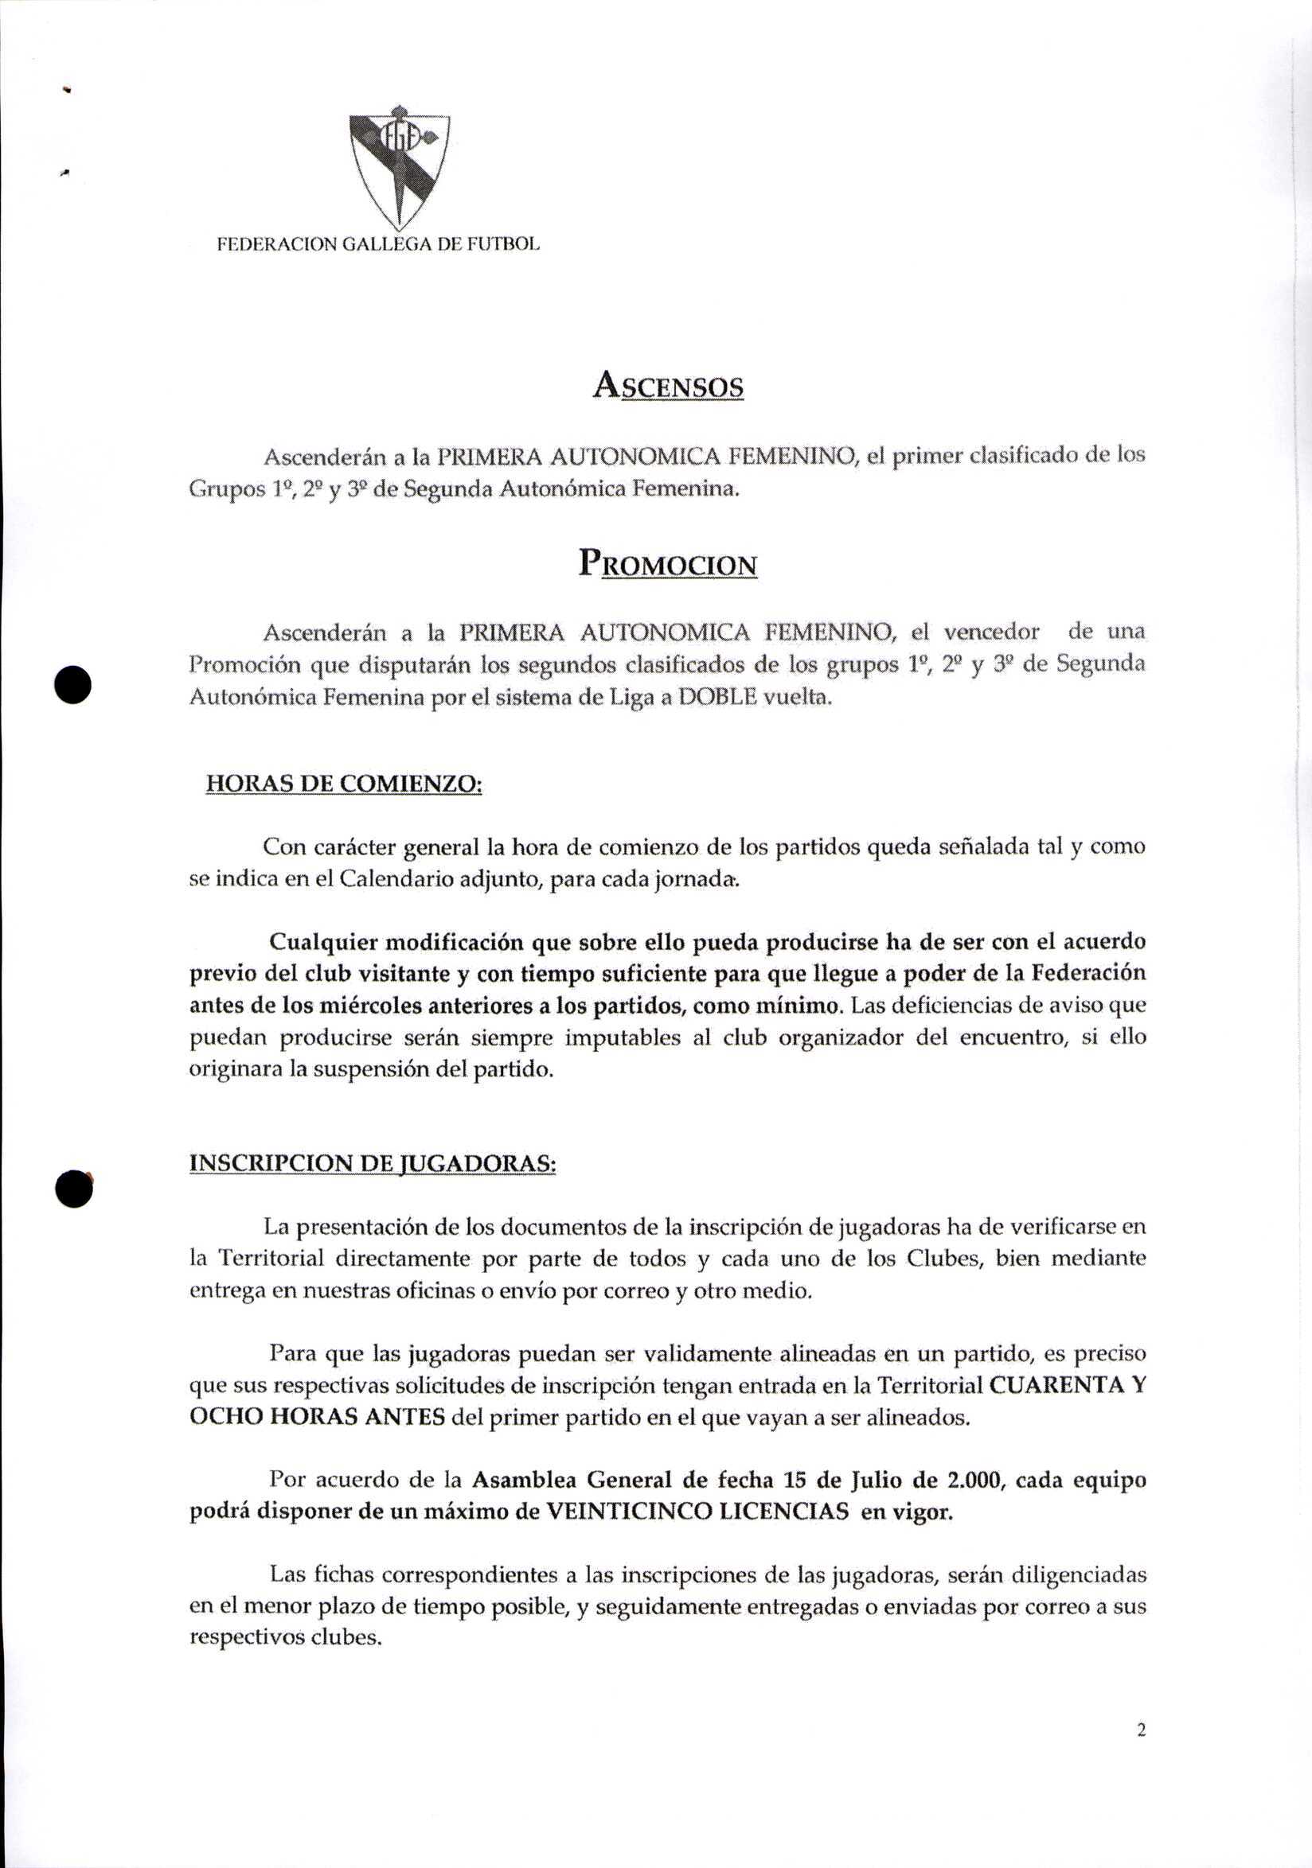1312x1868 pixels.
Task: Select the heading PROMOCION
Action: click(667, 563)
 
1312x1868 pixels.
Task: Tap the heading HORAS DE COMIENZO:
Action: click(344, 783)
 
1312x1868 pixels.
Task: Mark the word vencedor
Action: click(990, 632)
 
